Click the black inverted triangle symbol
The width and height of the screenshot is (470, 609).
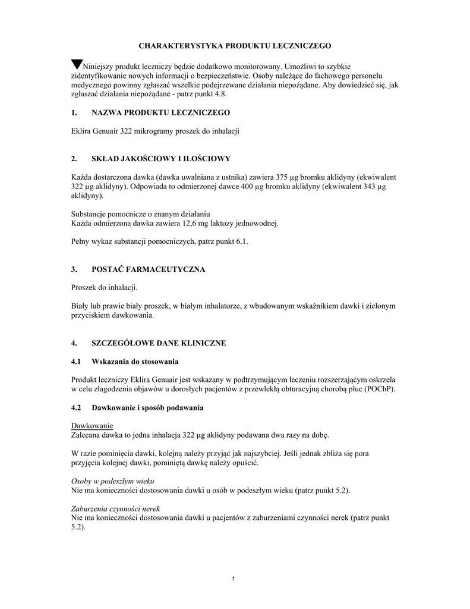tap(77, 64)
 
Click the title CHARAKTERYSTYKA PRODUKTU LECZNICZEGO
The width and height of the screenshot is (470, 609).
tap(235, 45)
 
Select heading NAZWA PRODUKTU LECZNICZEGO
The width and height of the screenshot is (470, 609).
tap(160, 112)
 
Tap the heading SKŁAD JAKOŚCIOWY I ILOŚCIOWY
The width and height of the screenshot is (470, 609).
tap(160, 159)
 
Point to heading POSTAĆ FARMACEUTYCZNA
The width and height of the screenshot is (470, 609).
tap(148, 269)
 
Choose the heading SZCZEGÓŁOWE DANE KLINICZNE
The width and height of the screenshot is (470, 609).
tap(159, 343)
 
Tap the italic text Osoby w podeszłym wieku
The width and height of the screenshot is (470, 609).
tap(112, 481)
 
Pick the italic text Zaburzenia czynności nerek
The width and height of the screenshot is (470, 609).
tap(115, 509)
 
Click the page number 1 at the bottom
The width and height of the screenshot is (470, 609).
tap(235, 579)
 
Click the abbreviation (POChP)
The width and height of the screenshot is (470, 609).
tap(379, 389)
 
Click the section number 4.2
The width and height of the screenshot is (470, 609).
tap(76, 407)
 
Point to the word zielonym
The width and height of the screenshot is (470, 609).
tap(380, 306)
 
